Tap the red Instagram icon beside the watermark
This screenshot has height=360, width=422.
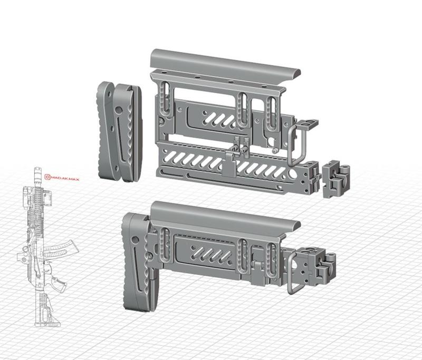coord(47,178)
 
